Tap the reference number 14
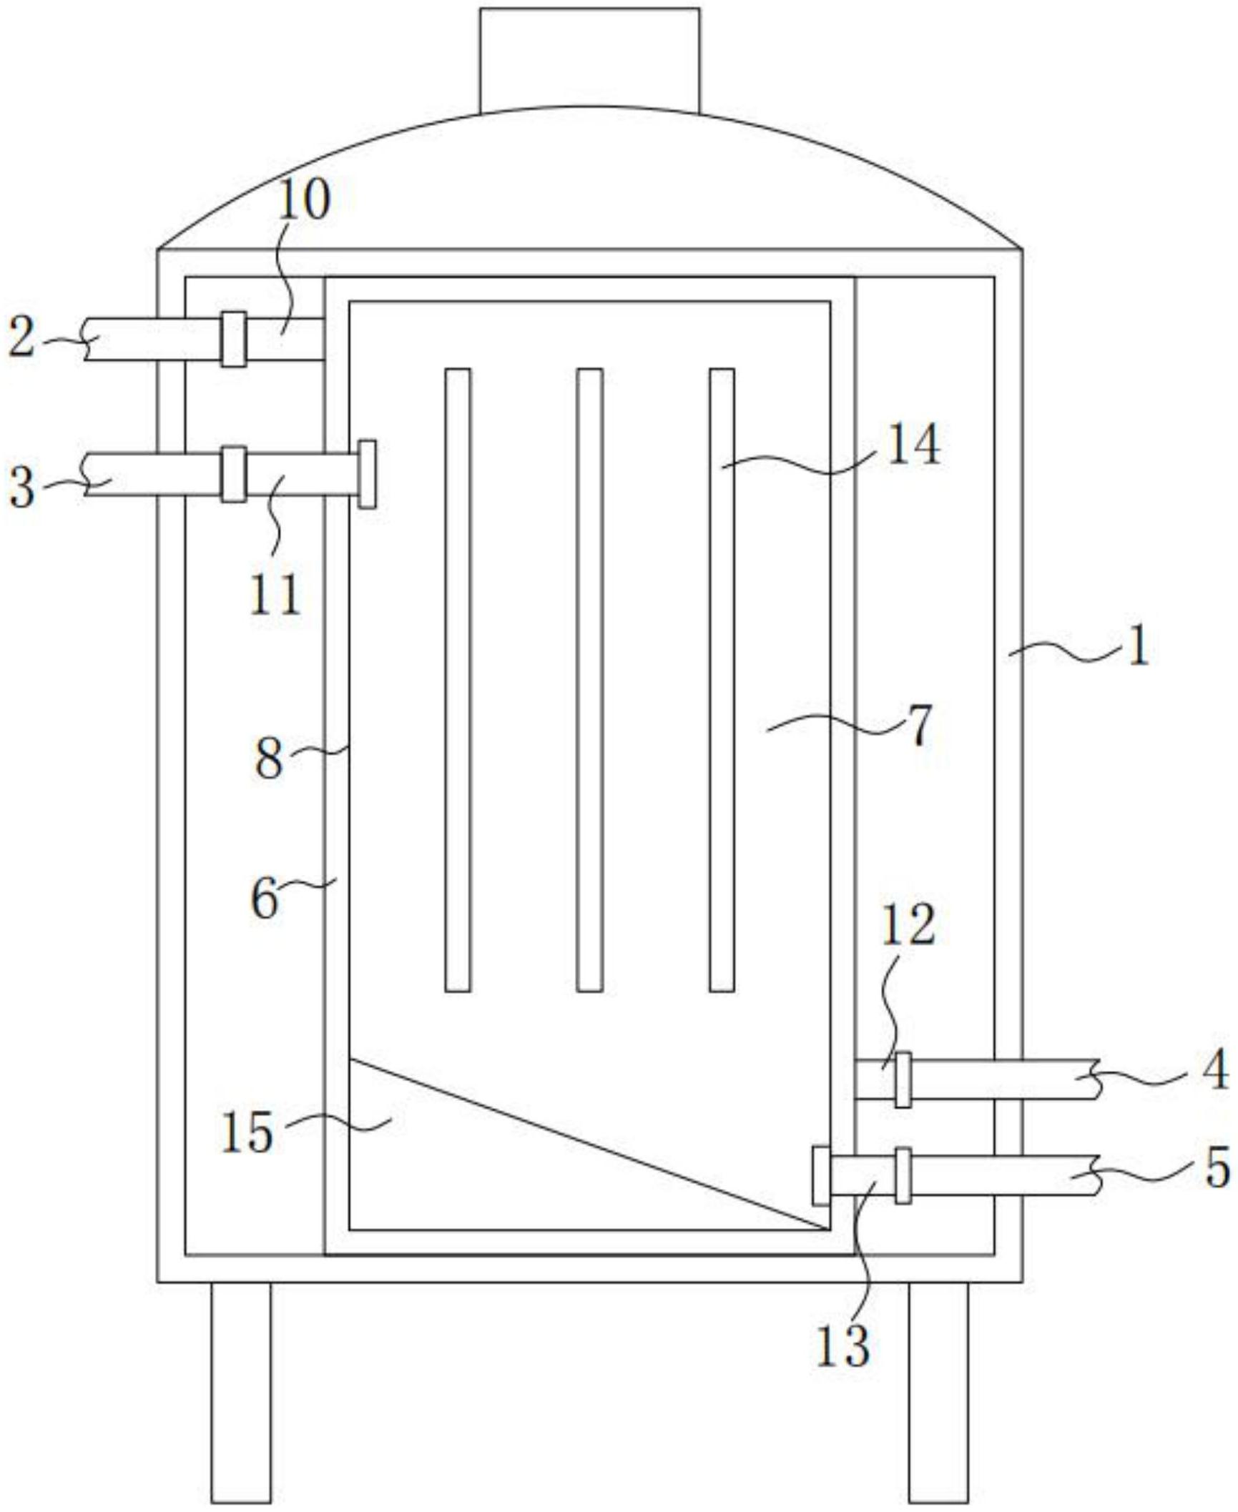click(x=913, y=445)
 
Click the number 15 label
click(x=247, y=1132)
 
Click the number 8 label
click(x=269, y=759)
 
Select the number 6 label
click(x=265, y=899)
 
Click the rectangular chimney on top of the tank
click(x=589, y=60)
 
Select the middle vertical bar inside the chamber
click(x=589, y=679)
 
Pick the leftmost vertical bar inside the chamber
click(x=458, y=679)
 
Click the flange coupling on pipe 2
click(x=233, y=339)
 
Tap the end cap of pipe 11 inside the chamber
click(x=367, y=474)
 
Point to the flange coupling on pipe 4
click(x=903, y=1079)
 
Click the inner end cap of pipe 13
click(x=822, y=1175)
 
